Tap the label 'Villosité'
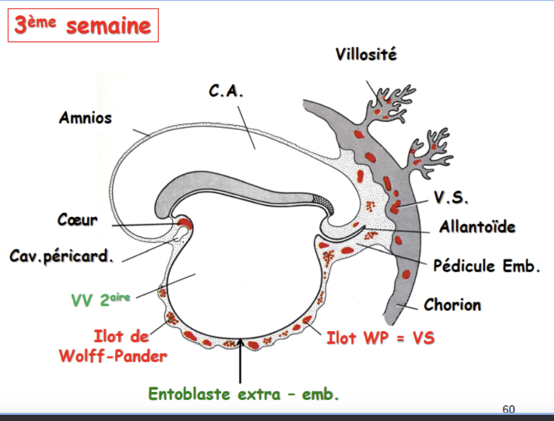366,54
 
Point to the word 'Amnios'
86,117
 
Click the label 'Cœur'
77,219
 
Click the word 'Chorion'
452,305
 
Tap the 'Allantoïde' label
477,227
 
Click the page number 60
508,409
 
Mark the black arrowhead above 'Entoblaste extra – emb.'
239,344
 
